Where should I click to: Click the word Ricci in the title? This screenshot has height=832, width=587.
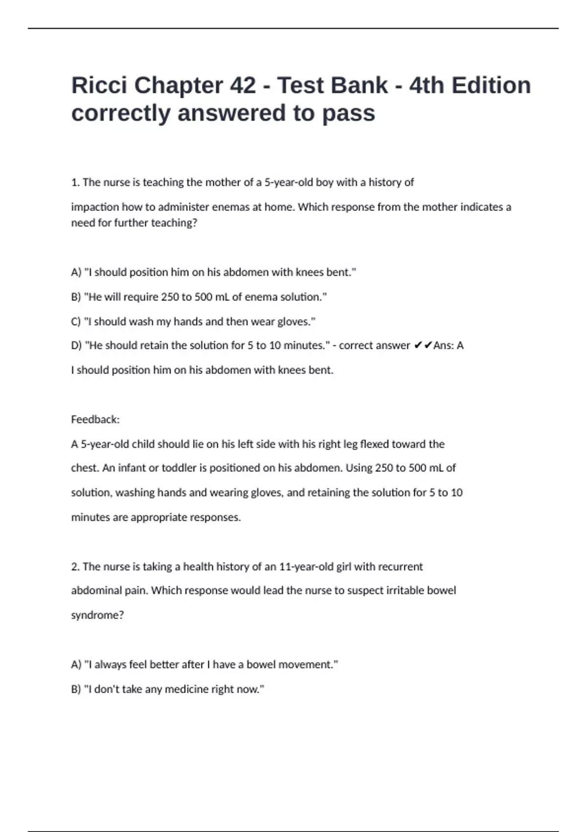(x=99, y=86)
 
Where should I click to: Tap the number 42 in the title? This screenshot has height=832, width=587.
(x=242, y=86)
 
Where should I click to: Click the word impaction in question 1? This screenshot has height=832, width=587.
(x=95, y=207)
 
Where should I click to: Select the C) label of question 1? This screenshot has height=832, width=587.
(x=76, y=322)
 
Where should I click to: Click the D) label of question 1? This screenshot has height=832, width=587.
(x=76, y=346)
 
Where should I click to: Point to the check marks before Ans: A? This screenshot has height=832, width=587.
(x=423, y=346)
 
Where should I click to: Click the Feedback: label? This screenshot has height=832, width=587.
(x=95, y=419)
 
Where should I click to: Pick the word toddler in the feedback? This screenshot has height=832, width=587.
(x=179, y=468)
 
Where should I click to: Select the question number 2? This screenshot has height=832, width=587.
(x=75, y=567)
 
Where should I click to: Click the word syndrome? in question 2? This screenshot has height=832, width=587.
(x=97, y=615)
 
